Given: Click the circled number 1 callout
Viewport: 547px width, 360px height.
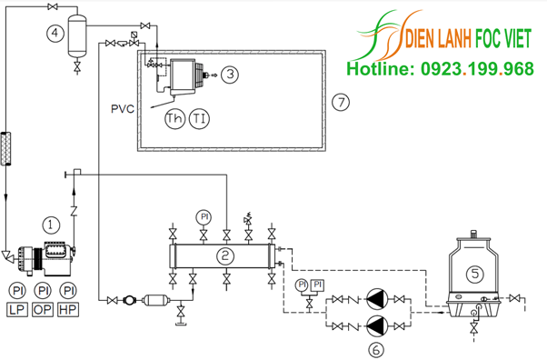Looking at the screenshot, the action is [x=51, y=225].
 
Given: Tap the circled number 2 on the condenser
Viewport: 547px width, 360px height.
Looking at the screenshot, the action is [x=225, y=256].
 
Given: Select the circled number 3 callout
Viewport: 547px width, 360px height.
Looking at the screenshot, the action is [x=230, y=74].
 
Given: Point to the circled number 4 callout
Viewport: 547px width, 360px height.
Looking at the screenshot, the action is [x=55, y=33].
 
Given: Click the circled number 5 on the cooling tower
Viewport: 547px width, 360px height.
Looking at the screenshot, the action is [x=475, y=273].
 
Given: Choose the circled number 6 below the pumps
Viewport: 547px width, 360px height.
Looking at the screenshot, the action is [x=376, y=349].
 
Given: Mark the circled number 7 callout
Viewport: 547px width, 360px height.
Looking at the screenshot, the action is [x=341, y=103].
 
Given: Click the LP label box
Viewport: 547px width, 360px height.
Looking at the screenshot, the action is [x=17, y=310].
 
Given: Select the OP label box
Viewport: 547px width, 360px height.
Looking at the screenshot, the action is [x=43, y=310].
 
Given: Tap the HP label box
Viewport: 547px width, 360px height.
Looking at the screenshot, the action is [x=68, y=310].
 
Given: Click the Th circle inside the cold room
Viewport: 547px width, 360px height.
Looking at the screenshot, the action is [x=174, y=119].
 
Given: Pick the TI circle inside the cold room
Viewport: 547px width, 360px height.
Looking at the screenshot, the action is [x=199, y=119].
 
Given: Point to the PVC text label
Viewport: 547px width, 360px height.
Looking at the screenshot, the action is [x=123, y=109].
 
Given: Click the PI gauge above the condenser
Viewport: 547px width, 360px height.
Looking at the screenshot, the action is [x=204, y=217].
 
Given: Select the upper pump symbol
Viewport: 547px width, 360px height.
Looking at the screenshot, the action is [x=377, y=299].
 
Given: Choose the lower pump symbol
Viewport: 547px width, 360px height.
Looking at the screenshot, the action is [x=377, y=326].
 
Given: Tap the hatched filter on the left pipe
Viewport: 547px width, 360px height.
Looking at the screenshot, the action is [x=6, y=148].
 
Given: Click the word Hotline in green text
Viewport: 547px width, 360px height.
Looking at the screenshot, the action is [x=380, y=68].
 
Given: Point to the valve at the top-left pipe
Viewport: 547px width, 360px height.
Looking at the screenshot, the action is [x=53, y=6].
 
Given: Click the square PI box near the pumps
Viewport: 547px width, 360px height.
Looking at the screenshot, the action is [x=317, y=285].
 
